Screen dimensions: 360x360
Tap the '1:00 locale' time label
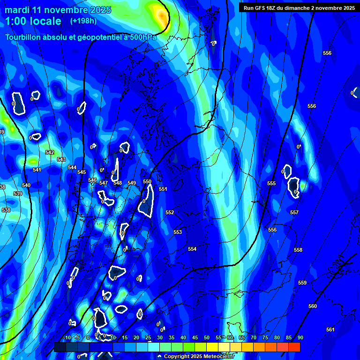[x=33, y=21]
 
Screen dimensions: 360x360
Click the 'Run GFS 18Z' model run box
[x=299, y=7]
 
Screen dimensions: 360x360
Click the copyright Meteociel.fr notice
[x=197, y=356]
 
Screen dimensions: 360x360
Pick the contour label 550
[x=147, y=181]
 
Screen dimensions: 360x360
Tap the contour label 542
[x=50, y=152]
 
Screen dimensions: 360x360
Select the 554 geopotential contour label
[x=192, y=249]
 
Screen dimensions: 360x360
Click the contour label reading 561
[x=330, y=330]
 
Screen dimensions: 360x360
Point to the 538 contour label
[x=6, y=210]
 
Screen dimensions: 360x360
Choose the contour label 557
[x=294, y=212]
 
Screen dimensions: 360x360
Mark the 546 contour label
[x=92, y=180]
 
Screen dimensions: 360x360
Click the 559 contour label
[x=302, y=283]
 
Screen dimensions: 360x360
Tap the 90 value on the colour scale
[x=300, y=337]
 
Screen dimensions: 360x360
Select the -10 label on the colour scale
[x=67, y=337]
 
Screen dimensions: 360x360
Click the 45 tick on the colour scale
[x=195, y=337]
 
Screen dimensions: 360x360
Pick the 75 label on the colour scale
[x=265, y=337]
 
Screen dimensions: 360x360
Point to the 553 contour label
[x=178, y=232]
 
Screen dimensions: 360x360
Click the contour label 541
[x=37, y=170]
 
